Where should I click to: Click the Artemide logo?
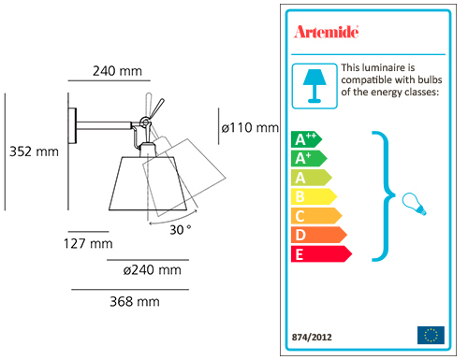click(326, 32)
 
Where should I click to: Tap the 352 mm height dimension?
click(34, 151)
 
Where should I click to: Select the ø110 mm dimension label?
click(250, 127)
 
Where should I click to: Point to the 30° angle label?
click(180, 230)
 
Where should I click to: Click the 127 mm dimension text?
click(88, 243)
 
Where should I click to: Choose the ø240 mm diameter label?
click(152, 270)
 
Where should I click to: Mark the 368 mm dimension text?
click(135, 302)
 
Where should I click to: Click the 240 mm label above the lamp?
click(117, 71)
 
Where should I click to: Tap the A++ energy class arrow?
click(306, 139)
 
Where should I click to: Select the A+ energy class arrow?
click(309, 158)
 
